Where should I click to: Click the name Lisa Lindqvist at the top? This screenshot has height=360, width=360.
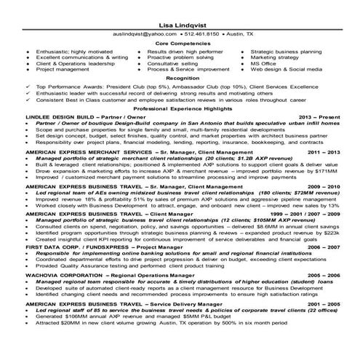[x=180, y=25]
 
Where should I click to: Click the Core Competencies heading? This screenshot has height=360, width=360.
[x=180, y=44]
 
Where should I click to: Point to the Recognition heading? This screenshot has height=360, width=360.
[x=180, y=75]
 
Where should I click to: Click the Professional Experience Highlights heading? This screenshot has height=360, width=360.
[x=180, y=108]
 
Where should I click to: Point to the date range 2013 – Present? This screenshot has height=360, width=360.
[x=319, y=116]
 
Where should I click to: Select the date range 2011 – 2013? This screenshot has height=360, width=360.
[x=322, y=151]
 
